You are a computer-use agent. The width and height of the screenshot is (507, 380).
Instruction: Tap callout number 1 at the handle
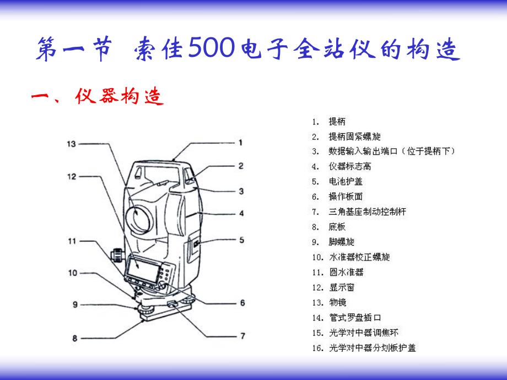click(240, 142)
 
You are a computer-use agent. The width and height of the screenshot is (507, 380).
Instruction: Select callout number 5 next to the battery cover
click(240, 239)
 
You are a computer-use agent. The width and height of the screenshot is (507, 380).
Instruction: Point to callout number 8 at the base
click(74, 338)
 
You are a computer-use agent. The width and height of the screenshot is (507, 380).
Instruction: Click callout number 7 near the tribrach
click(241, 336)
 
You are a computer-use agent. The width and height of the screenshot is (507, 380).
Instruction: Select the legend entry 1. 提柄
click(329, 122)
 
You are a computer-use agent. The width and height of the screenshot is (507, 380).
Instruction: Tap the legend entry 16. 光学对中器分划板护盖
click(363, 348)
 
